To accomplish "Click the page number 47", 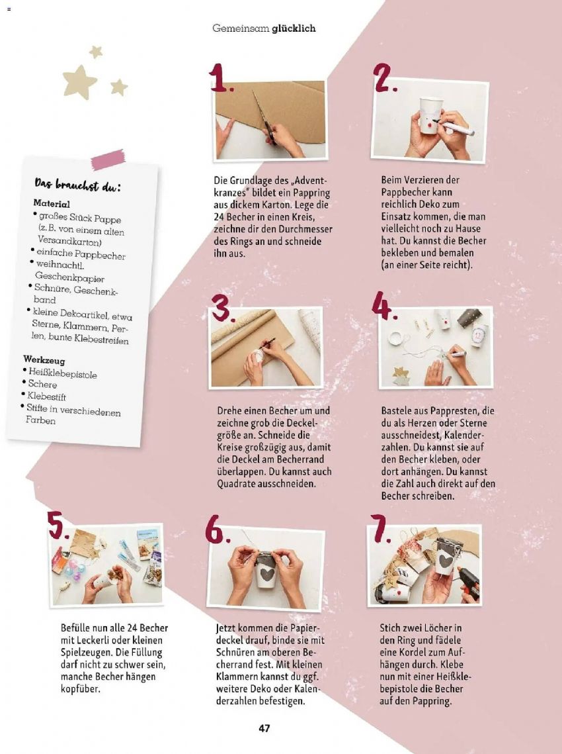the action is tap(264, 728).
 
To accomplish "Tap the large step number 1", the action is tap(220, 77).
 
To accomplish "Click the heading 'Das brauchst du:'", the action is tap(77, 185).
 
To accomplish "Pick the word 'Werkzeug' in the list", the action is tap(44, 359).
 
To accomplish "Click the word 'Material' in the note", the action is tap(52, 203).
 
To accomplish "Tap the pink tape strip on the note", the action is tap(108, 160).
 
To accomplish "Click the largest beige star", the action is tap(79, 81).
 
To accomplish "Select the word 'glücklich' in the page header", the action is tap(294, 28).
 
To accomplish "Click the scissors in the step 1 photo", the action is tap(264, 119).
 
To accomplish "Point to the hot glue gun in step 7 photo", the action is tap(468, 581).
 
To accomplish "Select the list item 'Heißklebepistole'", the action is tap(62, 373).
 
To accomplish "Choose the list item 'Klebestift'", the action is tap(46, 396).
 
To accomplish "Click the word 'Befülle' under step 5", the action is tap(75, 628).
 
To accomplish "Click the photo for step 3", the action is tap(266, 347).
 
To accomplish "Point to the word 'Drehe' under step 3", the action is tap(229, 410).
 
